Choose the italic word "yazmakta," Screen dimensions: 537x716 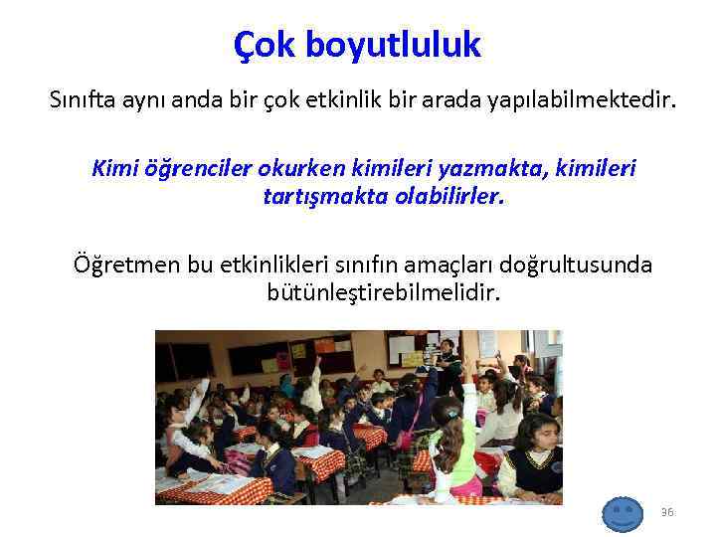[x=478, y=169]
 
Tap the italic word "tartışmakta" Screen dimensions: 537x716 [x=320, y=196]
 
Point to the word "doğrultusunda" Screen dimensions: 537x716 [x=590, y=265]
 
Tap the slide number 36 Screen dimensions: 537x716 [x=667, y=512]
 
